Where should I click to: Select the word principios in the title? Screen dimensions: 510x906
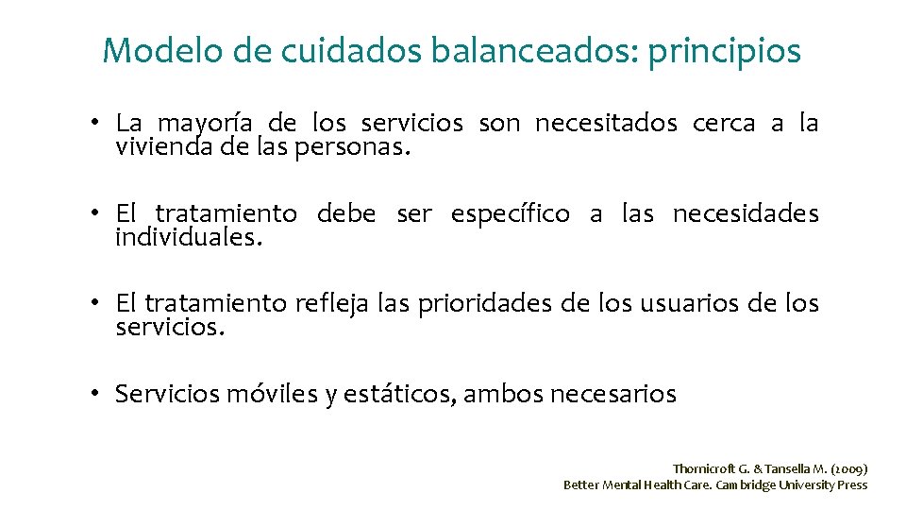click(723, 52)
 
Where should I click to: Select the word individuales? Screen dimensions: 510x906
click(187, 237)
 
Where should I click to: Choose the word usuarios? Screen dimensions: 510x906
click(688, 303)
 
